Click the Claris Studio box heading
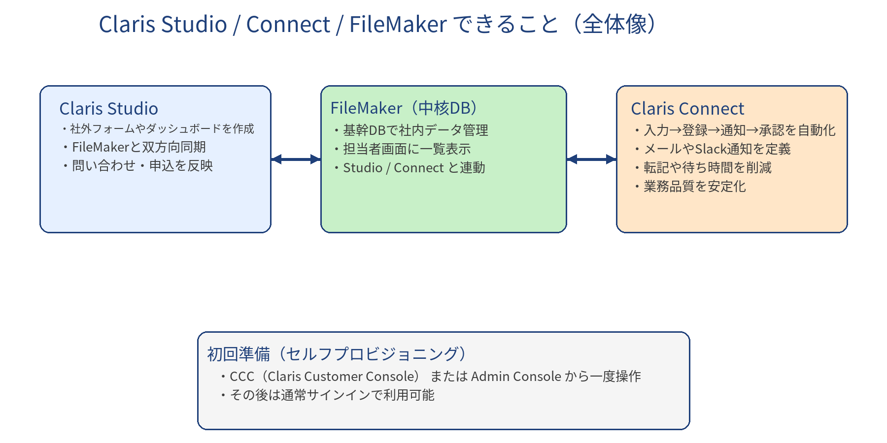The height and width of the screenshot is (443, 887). pyautogui.click(x=108, y=109)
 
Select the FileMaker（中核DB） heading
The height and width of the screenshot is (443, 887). pyautogui.click(x=404, y=108)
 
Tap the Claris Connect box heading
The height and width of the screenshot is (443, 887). pyautogui.click(x=687, y=109)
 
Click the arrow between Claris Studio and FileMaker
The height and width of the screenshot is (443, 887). pyautogui.click(x=296, y=159)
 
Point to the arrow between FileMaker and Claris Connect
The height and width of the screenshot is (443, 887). pyautogui.click(x=591, y=159)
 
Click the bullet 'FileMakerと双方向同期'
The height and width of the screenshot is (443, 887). pyautogui.click(x=138, y=147)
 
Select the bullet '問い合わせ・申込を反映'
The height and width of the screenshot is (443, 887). pyautogui.click(x=142, y=166)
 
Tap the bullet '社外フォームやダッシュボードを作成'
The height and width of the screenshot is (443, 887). pyautogui.click(x=162, y=129)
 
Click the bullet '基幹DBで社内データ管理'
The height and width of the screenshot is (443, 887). pyautogui.click(x=415, y=130)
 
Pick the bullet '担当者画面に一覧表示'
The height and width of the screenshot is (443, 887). pyautogui.click(x=407, y=149)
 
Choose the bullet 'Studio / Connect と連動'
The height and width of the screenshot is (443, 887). pyautogui.click(x=414, y=168)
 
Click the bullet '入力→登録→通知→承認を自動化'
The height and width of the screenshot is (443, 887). pyautogui.click(x=739, y=130)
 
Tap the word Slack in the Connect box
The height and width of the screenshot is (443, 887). pyautogui.click(x=710, y=149)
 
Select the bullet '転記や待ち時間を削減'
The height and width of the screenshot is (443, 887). pyautogui.click(x=707, y=168)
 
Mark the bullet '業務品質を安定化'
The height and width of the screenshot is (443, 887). pyautogui.click(x=694, y=187)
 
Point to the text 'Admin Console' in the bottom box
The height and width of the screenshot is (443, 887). pyautogui.click(x=516, y=377)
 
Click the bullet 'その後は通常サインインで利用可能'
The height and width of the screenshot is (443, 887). pyautogui.click(x=332, y=395)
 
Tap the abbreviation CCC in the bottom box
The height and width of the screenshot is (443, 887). pyautogui.click(x=242, y=377)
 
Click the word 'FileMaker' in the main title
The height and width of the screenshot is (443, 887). pyautogui.click(x=398, y=25)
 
